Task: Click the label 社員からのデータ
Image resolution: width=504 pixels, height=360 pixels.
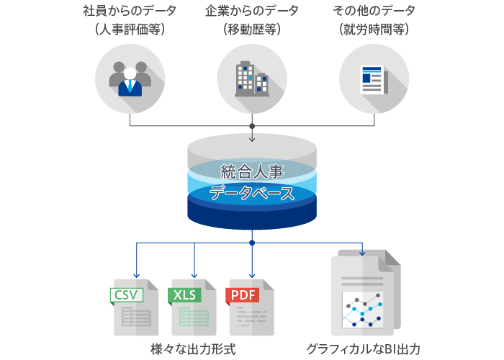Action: [x=130, y=13]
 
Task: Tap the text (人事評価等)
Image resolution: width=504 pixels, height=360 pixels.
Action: [x=130, y=30]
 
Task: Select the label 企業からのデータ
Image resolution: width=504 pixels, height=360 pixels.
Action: [x=252, y=13]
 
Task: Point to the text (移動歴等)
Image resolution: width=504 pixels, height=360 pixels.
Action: [x=252, y=30]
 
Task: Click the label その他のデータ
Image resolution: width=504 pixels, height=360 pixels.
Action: [x=373, y=13]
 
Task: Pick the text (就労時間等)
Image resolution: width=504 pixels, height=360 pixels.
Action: [x=373, y=30]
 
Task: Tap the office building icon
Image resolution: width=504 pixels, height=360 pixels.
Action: [x=251, y=79]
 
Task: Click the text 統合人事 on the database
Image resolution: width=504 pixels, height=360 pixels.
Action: [x=252, y=172]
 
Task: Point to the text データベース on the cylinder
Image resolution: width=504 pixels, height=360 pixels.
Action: [x=252, y=193]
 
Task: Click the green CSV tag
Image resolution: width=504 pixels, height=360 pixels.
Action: [x=126, y=294]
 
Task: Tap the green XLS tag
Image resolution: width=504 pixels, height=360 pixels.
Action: [x=184, y=294]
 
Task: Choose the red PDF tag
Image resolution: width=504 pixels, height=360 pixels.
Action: [x=243, y=294]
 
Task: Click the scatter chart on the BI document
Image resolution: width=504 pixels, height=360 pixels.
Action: [x=362, y=310]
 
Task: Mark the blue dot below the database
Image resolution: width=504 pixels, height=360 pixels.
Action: [x=252, y=243]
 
